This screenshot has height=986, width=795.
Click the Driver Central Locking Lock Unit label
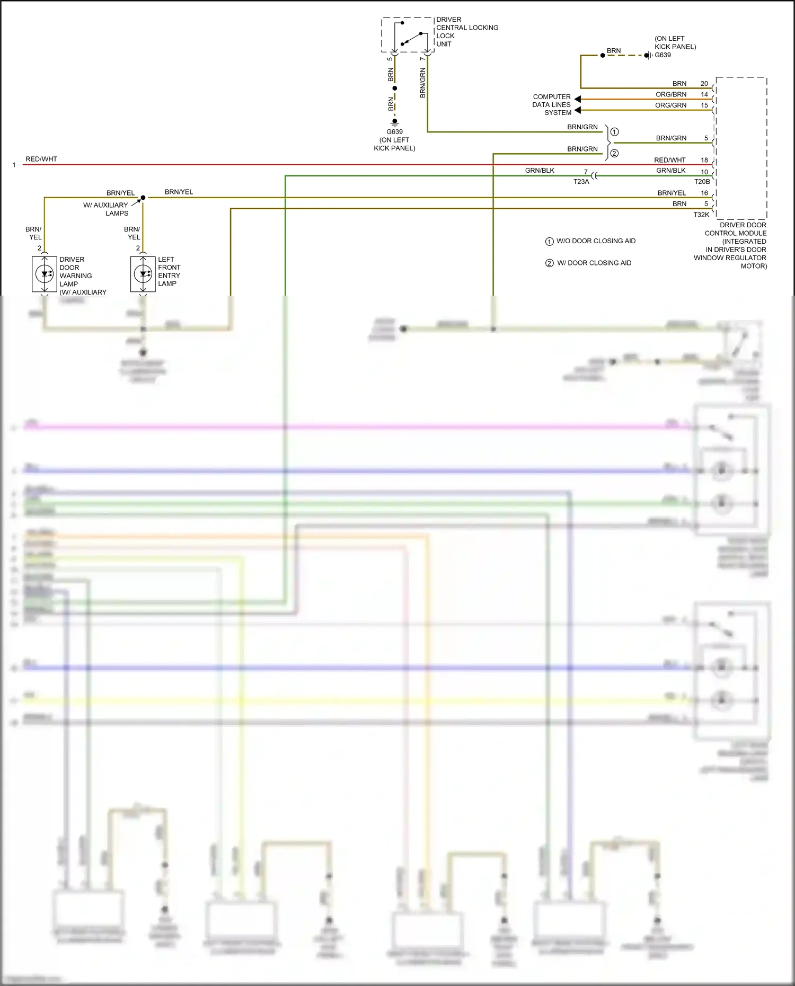pyautogui.click(x=466, y=32)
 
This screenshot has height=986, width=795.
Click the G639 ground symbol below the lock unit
pyautogui.click(x=394, y=122)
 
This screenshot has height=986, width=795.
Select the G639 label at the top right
pyautogui.click(x=662, y=55)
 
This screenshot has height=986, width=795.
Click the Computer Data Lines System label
pyautogui.click(x=552, y=104)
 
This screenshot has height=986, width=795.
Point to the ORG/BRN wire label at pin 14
pyautogui.click(x=670, y=94)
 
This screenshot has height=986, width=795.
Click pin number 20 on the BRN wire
pyautogui.click(x=704, y=84)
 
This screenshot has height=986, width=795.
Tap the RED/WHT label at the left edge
pyautogui.click(x=41, y=159)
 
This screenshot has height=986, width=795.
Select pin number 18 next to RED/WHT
pyautogui.click(x=704, y=160)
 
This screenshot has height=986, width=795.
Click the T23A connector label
pyautogui.click(x=581, y=182)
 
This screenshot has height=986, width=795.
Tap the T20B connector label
pyautogui.click(x=702, y=182)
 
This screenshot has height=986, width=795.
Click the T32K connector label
pyautogui.click(x=701, y=215)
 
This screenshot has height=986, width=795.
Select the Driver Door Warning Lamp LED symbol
pyautogui.click(x=45, y=274)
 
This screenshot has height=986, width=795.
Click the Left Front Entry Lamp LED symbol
pyautogui.click(x=143, y=274)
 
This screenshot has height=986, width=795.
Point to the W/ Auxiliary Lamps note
pyautogui.click(x=106, y=209)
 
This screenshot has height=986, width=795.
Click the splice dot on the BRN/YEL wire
pyautogui.click(x=143, y=198)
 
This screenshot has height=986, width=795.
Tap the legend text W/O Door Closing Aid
pyautogui.click(x=595, y=241)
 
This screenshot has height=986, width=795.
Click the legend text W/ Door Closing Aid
pyautogui.click(x=594, y=263)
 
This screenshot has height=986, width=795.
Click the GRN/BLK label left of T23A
pyautogui.click(x=540, y=171)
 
